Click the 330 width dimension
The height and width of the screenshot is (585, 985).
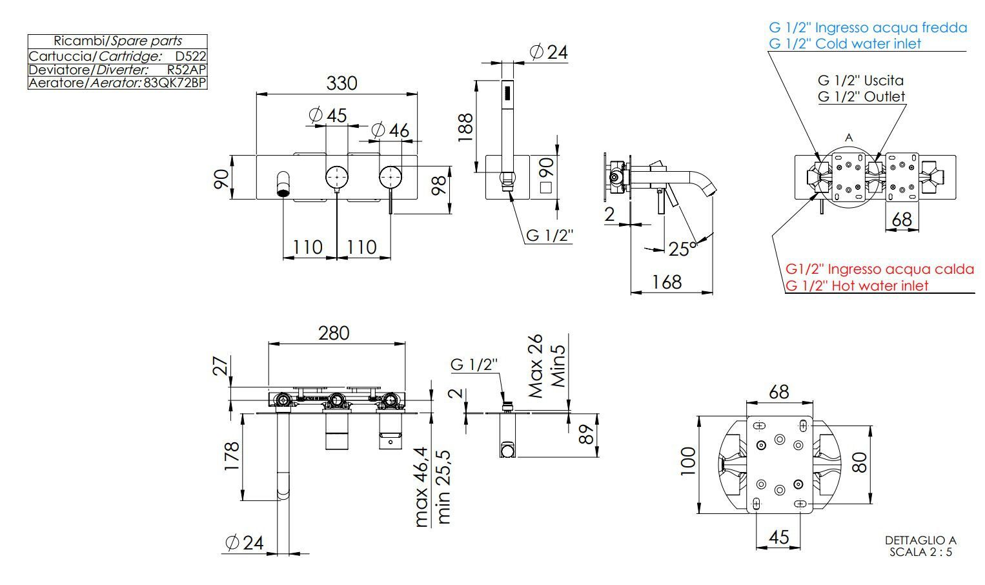[x=341, y=83]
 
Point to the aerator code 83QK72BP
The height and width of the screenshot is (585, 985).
[x=174, y=83]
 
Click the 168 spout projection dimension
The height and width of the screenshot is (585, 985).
[x=666, y=282]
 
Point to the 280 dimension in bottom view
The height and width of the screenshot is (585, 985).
[x=334, y=333]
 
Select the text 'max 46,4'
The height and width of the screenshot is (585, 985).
[x=421, y=487]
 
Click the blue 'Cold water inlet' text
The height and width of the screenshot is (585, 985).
[x=845, y=43]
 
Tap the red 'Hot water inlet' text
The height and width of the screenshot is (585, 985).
[x=857, y=285]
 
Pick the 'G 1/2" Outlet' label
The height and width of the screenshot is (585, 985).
[x=861, y=97]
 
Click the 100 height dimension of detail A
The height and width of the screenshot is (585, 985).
[x=688, y=461]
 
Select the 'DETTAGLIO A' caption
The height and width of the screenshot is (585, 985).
[x=920, y=540]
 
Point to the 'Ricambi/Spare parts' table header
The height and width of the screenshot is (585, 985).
[x=117, y=41]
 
